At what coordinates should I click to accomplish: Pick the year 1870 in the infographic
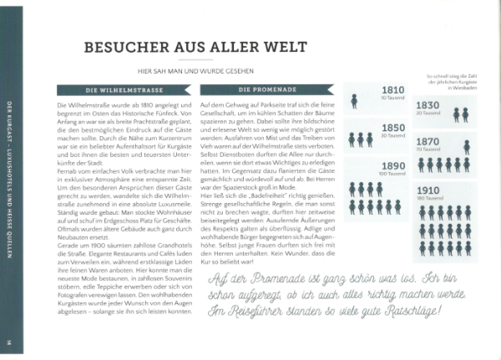click(x=428, y=142)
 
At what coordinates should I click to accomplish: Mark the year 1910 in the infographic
click(x=428, y=190)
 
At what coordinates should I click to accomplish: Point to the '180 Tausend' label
click(x=428, y=199)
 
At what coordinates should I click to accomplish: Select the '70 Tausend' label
click(x=428, y=150)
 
